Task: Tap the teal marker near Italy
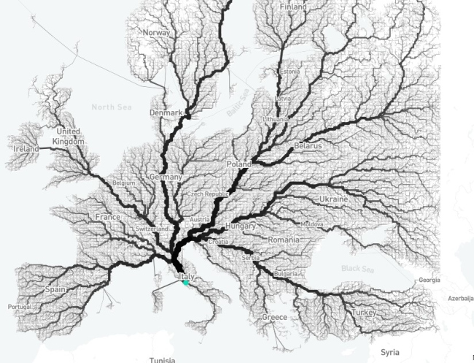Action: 187,285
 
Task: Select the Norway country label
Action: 156,33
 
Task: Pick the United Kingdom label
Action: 70,136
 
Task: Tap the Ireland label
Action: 26,149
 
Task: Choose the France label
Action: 107,217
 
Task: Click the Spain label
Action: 56,289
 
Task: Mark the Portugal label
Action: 20,306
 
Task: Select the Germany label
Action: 165,177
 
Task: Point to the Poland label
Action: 238,164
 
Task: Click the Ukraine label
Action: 333,199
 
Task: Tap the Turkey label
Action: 362,312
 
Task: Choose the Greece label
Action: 274,318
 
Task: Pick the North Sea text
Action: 112,107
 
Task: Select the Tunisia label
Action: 162,359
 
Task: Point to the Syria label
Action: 389,352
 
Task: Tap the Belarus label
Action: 307,146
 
